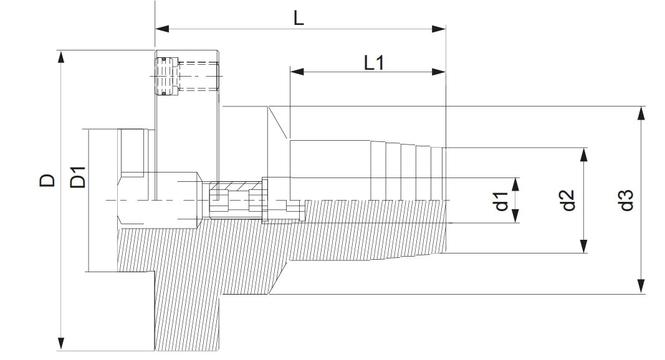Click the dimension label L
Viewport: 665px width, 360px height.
click(x=299, y=18)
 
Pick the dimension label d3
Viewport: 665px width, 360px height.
click(x=626, y=201)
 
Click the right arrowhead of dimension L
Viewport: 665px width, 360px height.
click(x=439, y=29)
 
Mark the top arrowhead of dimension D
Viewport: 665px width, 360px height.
click(x=61, y=57)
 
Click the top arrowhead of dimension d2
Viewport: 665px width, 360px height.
click(x=584, y=154)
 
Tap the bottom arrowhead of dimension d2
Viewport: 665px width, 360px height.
click(x=584, y=247)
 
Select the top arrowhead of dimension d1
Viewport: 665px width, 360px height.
click(x=516, y=184)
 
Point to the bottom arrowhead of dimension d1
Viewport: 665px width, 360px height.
click(x=516, y=216)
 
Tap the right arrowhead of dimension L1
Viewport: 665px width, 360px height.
click(x=439, y=72)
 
